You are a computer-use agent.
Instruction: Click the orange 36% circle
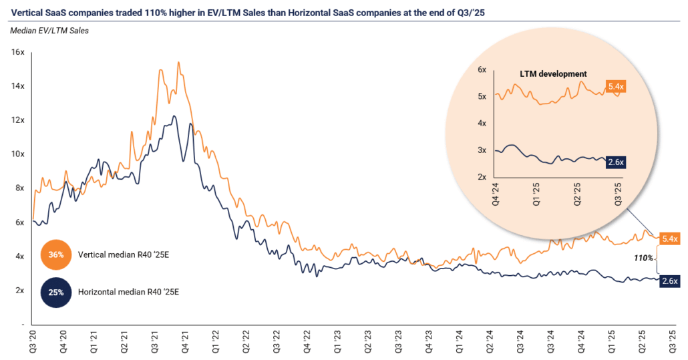pos(56,254)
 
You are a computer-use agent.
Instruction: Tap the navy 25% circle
pos(56,291)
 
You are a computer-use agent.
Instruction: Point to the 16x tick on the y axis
pos(19,52)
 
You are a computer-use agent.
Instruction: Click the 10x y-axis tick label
pos(19,154)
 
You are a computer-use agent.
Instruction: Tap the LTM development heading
pos(553,73)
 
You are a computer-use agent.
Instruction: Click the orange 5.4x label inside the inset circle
pos(616,86)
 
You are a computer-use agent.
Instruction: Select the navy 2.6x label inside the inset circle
pos(615,162)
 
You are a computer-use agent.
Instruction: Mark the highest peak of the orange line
pos(178,62)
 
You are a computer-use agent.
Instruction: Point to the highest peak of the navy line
pos(174,116)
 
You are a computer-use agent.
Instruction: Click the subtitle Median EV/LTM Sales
pos(49,30)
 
